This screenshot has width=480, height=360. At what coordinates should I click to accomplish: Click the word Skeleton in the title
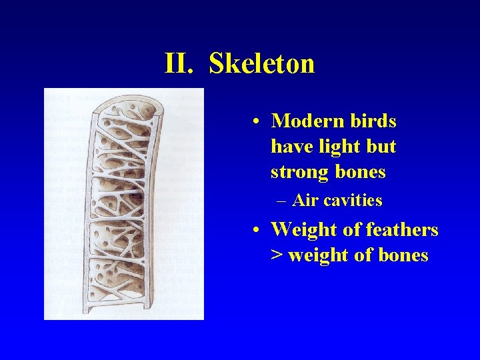[x=261, y=64]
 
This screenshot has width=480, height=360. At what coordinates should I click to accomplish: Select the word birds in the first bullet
[x=371, y=121]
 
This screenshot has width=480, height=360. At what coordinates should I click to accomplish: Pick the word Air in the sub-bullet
[x=305, y=200]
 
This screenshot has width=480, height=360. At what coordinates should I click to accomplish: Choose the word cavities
[x=353, y=200]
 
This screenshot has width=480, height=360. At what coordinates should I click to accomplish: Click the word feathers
[x=399, y=230]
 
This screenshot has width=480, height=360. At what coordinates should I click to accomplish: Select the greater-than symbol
[x=277, y=256]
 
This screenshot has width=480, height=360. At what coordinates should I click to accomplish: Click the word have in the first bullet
[x=289, y=147]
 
